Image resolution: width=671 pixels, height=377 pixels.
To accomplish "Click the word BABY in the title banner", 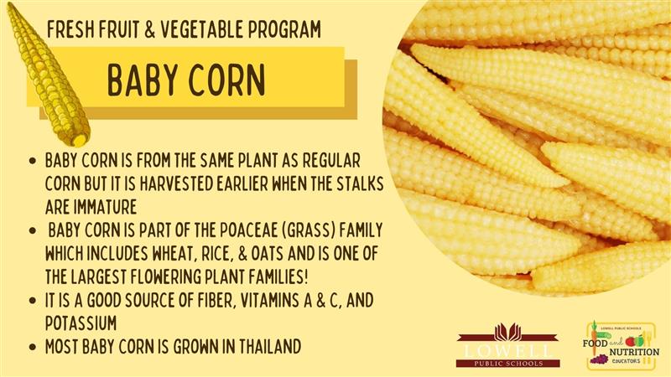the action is [x=142, y=80].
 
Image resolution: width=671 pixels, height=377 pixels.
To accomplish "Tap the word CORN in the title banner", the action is [x=227, y=80].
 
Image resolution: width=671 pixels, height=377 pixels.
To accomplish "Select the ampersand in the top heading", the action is [x=149, y=29].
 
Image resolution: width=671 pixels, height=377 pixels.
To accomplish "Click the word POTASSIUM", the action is [x=81, y=323].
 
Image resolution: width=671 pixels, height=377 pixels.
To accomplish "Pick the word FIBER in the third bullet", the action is [x=217, y=300].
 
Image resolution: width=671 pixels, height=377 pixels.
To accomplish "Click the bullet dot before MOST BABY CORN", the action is [x=33, y=347].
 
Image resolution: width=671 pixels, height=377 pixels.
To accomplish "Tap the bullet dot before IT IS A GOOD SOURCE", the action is [x=33, y=301].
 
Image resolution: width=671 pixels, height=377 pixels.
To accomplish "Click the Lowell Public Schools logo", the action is [x=507, y=345].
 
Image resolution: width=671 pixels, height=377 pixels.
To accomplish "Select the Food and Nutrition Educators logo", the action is [x=621, y=346].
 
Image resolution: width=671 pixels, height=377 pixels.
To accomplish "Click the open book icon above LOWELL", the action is [x=507, y=333].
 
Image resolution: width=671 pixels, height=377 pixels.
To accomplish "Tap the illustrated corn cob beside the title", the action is [x=48, y=75].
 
